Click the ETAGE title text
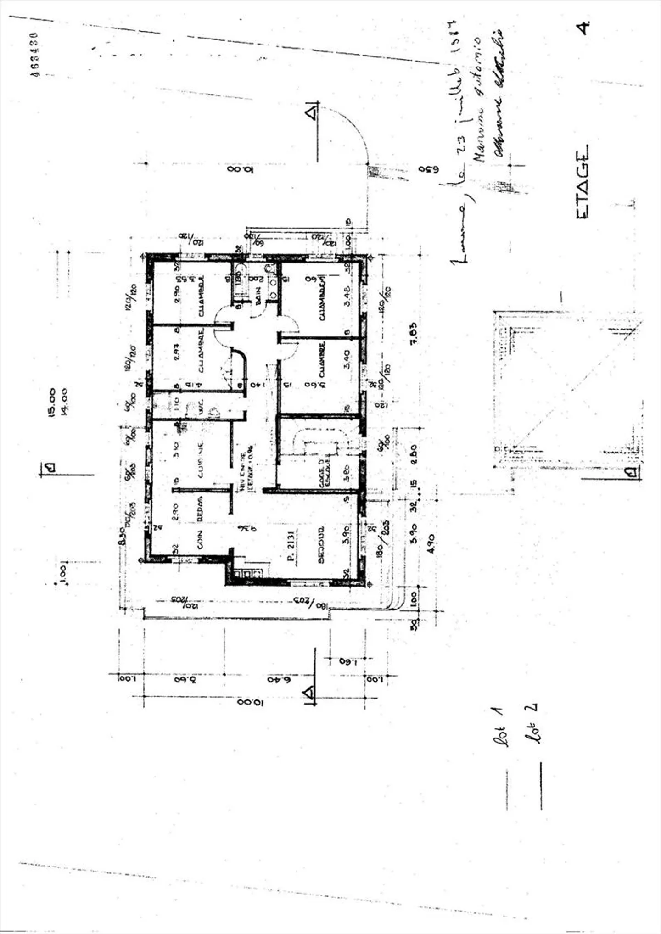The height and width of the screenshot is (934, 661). tap(582, 182)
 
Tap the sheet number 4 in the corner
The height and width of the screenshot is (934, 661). tap(583, 28)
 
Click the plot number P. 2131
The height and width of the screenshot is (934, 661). tap(290, 545)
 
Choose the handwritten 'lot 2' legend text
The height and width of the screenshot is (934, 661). tap(532, 723)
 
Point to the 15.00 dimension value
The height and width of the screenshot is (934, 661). tap(51, 403)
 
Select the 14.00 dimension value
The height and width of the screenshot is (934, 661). tap(64, 403)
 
